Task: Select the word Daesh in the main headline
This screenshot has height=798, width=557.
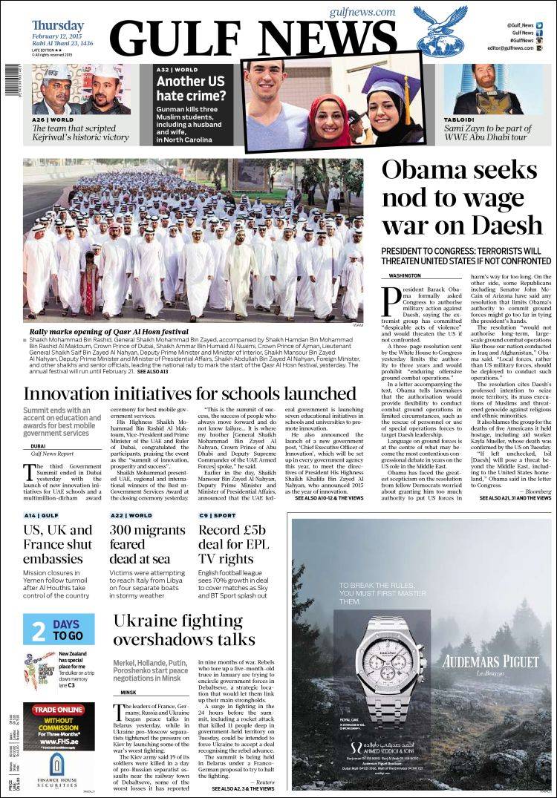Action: (x=507, y=223)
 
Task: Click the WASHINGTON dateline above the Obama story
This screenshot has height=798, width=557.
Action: (x=405, y=275)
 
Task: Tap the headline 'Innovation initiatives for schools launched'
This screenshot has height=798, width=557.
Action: (x=190, y=393)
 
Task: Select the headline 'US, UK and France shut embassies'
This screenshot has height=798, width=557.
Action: (x=58, y=544)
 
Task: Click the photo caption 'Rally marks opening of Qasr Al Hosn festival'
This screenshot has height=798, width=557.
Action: (x=108, y=332)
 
